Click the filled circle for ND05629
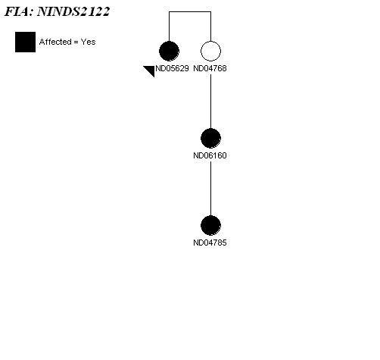[x=169, y=52]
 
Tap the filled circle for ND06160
[x=210, y=139]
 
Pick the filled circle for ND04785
[x=210, y=226]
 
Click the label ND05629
[x=172, y=68]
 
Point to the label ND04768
[x=210, y=68]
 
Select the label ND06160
[x=210, y=155]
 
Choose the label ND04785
[x=210, y=243]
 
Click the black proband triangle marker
[x=151, y=70]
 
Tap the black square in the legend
[x=25, y=42]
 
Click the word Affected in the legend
[x=55, y=42]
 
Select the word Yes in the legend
[x=88, y=42]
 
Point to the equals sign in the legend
[x=76, y=42]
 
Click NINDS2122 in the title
[x=73, y=11]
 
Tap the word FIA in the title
[x=19, y=11]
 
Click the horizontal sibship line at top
[x=190, y=11]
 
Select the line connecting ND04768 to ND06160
[x=211, y=102]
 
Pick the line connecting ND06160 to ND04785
[x=211, y=189]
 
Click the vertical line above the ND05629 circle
[x=169, y=27]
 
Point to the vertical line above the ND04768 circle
[x=211, y=27]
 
